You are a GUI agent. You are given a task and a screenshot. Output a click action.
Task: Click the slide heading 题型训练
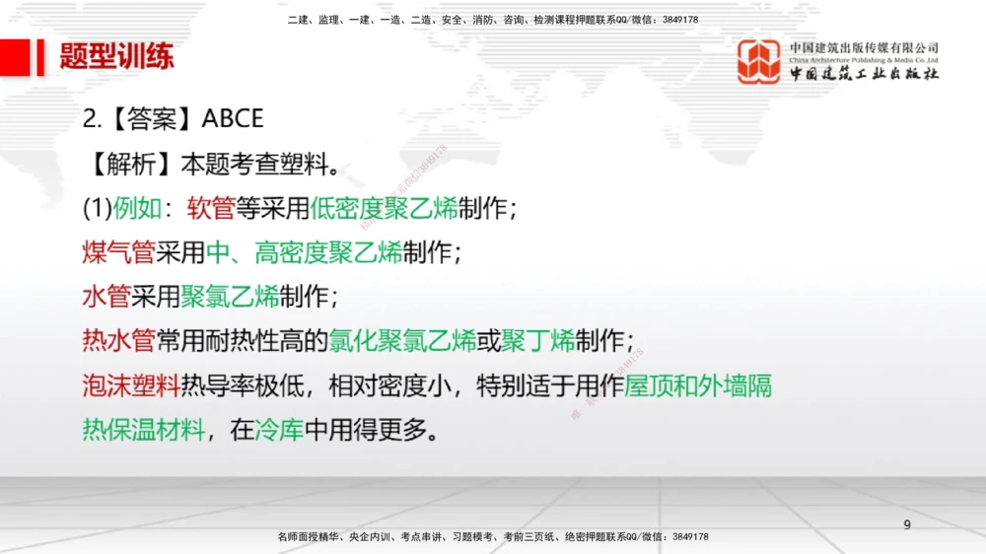pyautogui.click(x=116, y=56)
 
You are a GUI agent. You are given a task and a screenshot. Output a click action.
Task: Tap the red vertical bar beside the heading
pyautogui.click(x=40, y=56)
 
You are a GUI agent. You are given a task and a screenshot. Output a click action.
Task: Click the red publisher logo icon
pyautogui.click(x=759, y=61)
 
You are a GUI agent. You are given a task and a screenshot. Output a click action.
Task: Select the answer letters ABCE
pyautogui.click(x=233, y=119)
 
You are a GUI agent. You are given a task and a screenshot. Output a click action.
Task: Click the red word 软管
pyautogui.click(x=211, y=208)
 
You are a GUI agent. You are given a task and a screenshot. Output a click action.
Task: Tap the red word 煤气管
pyautogui.click(x=118, y=252)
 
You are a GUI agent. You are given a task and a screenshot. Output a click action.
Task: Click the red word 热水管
pyautogui.click(x=118, y=341)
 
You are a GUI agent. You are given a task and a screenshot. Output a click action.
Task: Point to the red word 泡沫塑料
pyautogui.click(x=131, y=385)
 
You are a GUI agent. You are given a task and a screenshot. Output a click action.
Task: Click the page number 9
pyautogui.click(x=907, y=525)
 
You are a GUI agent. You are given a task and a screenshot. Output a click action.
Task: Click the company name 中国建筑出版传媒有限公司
pyautogui.click(x=864, y=48)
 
